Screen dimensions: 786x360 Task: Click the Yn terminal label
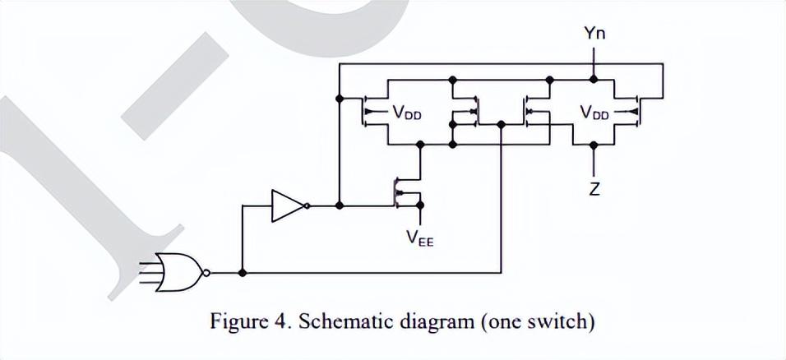tap(594, 34)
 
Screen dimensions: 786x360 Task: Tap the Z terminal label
tap(594, 190)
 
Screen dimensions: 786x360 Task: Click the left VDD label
tap(407, 113)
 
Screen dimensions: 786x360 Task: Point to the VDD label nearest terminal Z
tap(594, 113)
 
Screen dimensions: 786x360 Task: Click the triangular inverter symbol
tap(287, 205)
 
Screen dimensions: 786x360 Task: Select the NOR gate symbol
tap(180, 273)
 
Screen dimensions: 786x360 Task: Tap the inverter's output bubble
tap(306, 205)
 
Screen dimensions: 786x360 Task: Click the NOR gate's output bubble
tap(206, 273)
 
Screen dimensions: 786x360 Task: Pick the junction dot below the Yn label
tap(594, 79)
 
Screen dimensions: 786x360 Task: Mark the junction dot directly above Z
tap(594, 145)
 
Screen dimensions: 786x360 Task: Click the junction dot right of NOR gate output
tap(242, 273)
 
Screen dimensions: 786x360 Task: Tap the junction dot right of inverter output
tap(340, 205)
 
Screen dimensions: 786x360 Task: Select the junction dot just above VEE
tap(420, 205)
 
